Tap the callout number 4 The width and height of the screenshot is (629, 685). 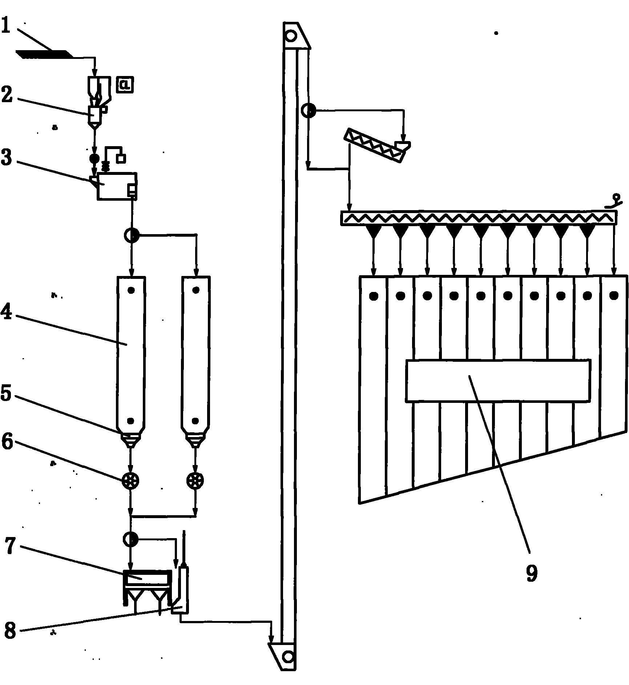(x=7, y=312)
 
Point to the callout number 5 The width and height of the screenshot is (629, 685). (x=7, y=394)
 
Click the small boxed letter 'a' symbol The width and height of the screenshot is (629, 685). (x=125, y=85)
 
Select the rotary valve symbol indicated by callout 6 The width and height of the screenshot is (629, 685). (x=131, y=481)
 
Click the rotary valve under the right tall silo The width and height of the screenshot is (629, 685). (x=195, y=481)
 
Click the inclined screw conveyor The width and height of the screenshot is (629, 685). (x=374, y=145)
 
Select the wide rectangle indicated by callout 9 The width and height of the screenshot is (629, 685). (x=498, y=381)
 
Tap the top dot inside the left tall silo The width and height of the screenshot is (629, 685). (x=131, y=290)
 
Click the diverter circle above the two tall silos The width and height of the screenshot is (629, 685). (x=131, y=236)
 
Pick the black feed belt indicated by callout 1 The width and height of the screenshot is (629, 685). (x=44, y=54)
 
